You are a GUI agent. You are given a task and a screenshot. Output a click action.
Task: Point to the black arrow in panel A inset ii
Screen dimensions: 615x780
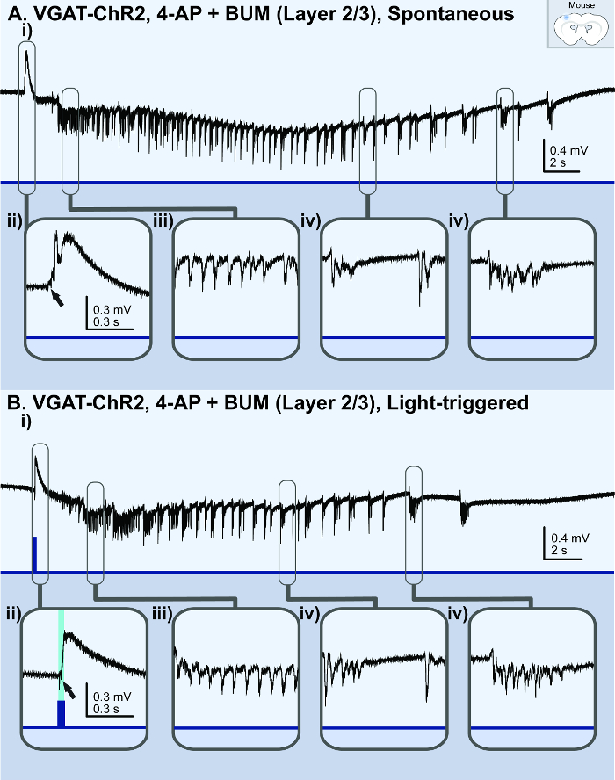tap(56, 297)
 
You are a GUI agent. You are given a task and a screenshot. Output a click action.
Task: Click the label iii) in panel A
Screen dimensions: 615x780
tap(163, 221)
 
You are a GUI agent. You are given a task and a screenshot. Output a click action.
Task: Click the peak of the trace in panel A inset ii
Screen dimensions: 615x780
tap(58, 233)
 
